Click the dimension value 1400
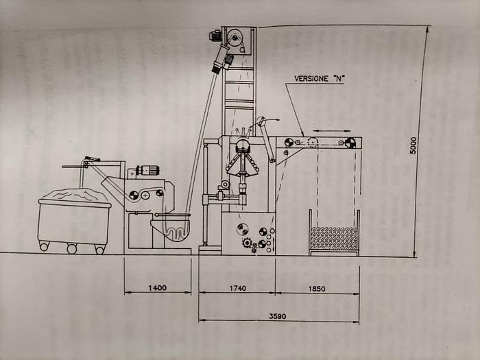point(157,288)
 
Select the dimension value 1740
point(237,288)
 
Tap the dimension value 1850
point(317,289)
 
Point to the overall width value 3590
point(278,316)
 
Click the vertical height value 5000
point(413,145)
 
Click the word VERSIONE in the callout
point(311,78)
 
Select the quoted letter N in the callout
point(338,78)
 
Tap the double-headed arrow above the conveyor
point(331,131)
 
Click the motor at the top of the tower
point(215,36)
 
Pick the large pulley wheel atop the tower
point(235,38)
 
